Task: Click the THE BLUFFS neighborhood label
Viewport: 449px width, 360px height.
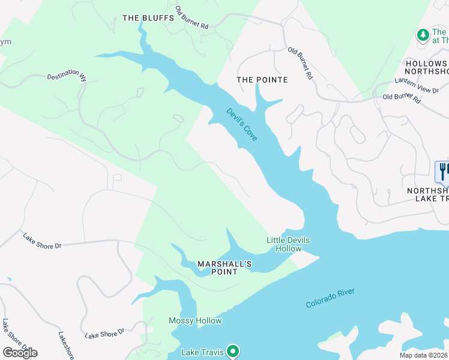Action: (x=148, y=18)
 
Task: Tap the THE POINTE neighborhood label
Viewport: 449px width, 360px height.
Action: (x=262, y=80)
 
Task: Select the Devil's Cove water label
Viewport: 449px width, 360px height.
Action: (x=242, y=125)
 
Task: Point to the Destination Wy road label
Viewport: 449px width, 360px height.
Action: (x=67, y=75)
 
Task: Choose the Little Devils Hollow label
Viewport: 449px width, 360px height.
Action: (x=288, y=244)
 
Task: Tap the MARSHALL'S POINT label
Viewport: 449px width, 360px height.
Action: (x=225, y=268)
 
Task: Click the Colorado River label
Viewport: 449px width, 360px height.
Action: (x=330, y=298)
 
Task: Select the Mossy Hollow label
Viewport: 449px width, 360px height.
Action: (x=195, y=321)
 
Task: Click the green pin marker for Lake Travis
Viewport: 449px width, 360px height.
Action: (x=233, y=351)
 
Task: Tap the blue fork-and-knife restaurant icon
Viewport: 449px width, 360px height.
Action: (x=442, y=172)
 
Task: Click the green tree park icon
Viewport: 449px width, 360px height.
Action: (x=423, y=35)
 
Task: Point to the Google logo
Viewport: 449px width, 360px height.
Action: (x=20, y=352)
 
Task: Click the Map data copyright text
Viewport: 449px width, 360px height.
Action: (x=423, y=355)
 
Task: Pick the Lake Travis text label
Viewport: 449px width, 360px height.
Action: (x=202, y=352)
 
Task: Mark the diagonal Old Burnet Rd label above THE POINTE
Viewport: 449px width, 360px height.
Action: (x=300, y=64)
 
